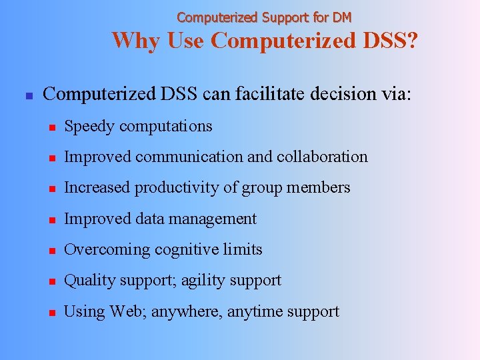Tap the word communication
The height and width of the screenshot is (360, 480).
tap(207, 157)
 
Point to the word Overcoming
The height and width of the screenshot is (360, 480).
tap(107, 250)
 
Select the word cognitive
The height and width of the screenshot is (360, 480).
tap(186, 250)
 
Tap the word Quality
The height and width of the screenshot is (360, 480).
tap(89, 281)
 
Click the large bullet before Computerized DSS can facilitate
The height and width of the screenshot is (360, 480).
tap(28, 95)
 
